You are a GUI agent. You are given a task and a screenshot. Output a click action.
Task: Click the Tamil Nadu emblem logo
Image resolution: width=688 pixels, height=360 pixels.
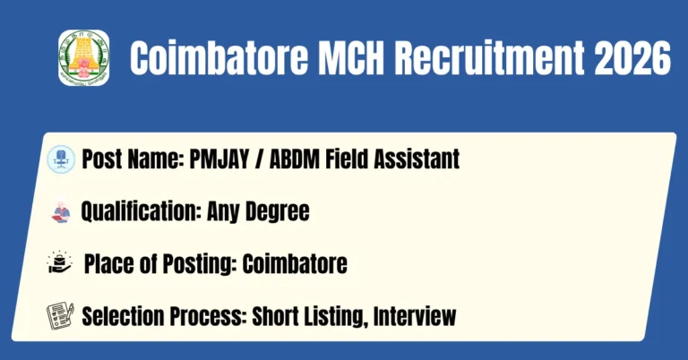pyautogui.click(x=84, y=57)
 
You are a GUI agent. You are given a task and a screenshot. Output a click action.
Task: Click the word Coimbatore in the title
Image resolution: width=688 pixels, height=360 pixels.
pyautogui.click(x=219, y=58)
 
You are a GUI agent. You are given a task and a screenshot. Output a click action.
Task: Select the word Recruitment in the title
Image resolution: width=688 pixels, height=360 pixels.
pyautogui.click(x=490, y=58)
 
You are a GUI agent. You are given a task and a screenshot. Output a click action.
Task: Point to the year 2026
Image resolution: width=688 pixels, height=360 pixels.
pyautogui.click(x=632, y=58)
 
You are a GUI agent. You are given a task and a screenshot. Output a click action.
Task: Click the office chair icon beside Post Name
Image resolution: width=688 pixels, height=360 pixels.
pyautogui.click(x=61, y=159)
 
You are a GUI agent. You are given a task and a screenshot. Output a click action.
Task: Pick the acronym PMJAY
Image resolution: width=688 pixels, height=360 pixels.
pyautogui.click(x=219, y=159)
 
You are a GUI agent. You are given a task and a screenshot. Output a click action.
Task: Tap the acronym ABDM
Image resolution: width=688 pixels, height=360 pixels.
pyautogui.click(x=295, y=159)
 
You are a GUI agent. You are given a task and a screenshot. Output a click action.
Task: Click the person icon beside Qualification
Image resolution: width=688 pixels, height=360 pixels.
pyautogui.click(x=61, y=211)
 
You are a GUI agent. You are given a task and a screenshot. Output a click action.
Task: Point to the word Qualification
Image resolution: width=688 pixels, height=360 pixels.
pyautogui.click(x=142, y=211)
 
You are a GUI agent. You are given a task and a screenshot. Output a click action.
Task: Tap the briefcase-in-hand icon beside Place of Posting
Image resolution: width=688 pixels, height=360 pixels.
pyautogui.click(x=60, y=263)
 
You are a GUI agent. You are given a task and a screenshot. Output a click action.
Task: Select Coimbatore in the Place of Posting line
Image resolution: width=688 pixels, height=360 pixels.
pyautogui.click(x=295, y=263)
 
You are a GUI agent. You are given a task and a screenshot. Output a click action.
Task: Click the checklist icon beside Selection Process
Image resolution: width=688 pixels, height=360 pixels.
pyautogui.click(x=60, y=316)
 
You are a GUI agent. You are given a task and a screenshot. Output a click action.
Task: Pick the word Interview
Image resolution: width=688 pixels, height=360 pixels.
pyautogui.click(x=415, y=316)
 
